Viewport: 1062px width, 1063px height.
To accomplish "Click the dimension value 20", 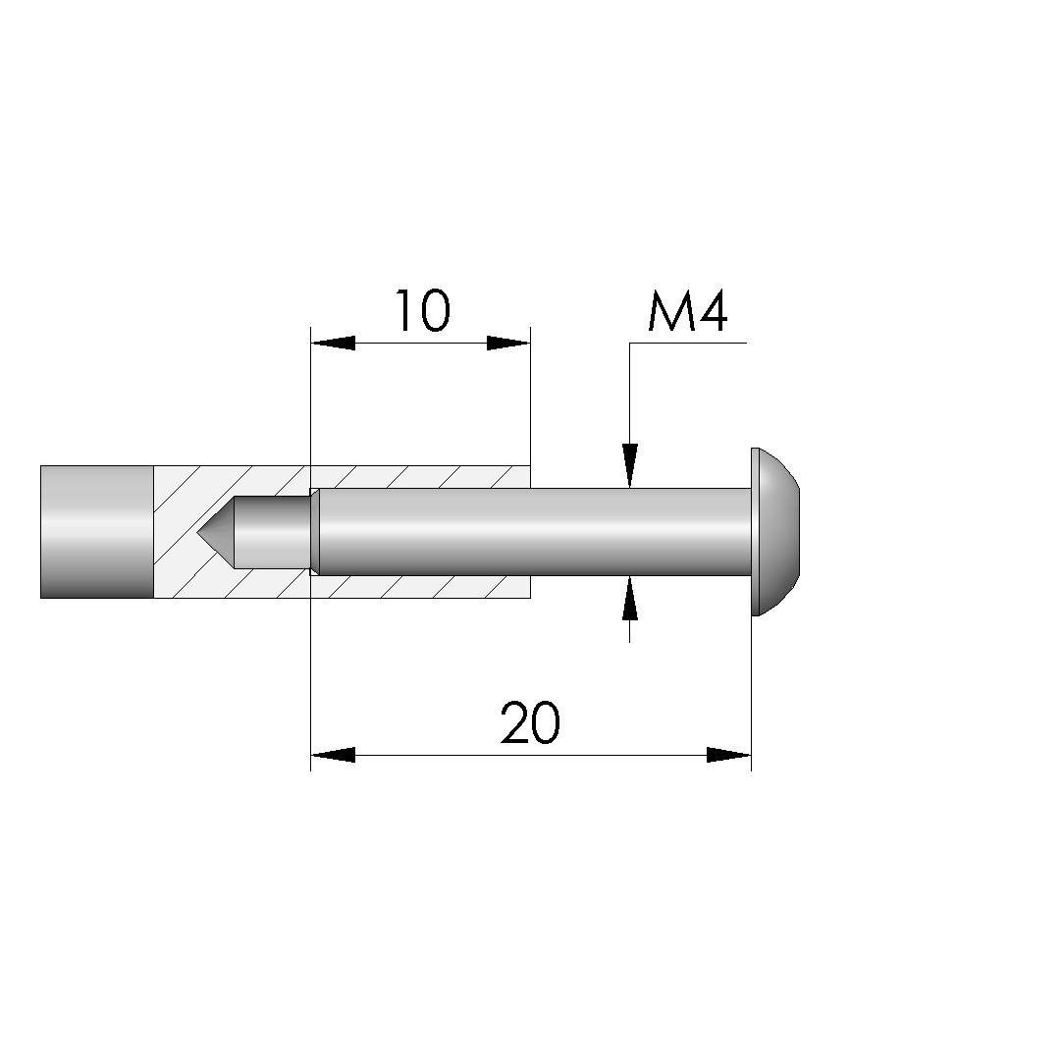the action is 530,723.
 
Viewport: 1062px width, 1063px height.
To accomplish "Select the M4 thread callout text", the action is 687,311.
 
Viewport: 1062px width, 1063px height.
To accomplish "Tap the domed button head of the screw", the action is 778,532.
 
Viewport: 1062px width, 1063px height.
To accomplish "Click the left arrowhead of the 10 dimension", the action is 333,343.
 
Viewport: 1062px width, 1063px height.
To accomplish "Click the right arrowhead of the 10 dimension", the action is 508,343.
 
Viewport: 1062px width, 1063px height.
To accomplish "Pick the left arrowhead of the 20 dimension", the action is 333,755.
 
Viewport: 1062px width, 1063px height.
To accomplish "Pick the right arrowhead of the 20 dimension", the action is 728,755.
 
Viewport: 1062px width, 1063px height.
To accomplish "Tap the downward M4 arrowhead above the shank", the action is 630,466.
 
